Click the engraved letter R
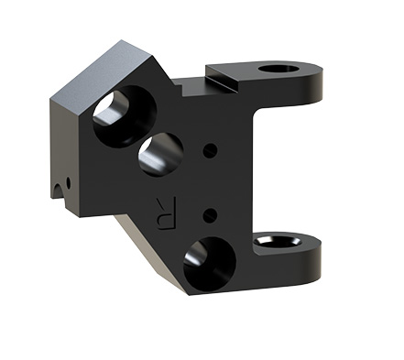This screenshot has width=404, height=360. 167,213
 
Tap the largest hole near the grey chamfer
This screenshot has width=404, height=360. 125,116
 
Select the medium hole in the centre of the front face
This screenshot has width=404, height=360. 161,155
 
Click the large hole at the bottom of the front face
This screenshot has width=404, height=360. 210,264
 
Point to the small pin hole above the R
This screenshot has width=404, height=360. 210,150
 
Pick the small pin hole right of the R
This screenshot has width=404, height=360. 210,215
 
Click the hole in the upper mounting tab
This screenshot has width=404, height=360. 278,69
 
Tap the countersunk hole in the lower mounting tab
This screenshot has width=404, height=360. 278,241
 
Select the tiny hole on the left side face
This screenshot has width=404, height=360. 68,183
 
